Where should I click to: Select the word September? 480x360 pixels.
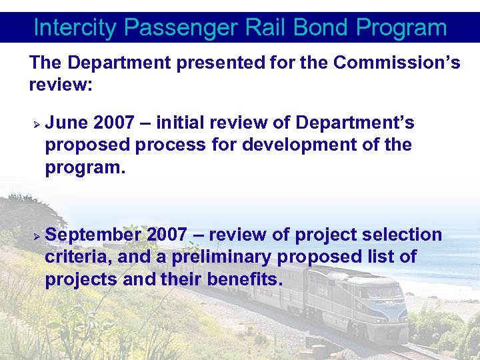pos(93,235)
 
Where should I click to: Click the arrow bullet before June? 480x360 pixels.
pos(37,124)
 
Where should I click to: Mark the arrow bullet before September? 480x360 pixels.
pos(37,236)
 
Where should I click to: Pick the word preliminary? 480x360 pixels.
pos(217,257)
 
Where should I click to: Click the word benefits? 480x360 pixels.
pos(245,279)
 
